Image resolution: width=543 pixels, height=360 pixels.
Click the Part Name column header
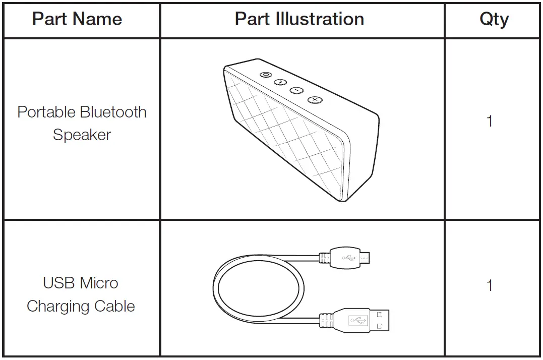pyautogui.click(x=77, y=19)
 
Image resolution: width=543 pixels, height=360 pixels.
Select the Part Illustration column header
pyautogui.click(x=299, y=19)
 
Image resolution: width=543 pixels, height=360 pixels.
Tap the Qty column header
pyautogui.click(x=494, y=19)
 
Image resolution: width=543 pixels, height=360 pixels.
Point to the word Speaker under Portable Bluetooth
pyautogui.click(x=82, y=135)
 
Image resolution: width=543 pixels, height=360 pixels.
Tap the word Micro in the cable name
pyautogui.click(x=100, y=283)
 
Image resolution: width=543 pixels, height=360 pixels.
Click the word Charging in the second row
pyautogui.click(x=57, y=306)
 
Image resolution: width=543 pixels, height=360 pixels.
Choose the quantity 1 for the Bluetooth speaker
pyautogui.click(x=489, y=122)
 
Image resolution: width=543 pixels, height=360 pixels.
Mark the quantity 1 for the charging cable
pyautogui.click(x=489, y=285)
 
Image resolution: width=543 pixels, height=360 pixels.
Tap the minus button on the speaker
pyautogui.click(x=296, y=90)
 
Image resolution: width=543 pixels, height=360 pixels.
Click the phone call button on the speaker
pyautogui.click(x=280, y=82)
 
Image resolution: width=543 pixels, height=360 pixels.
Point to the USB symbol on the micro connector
pyautogui.click(x=348, y=258)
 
